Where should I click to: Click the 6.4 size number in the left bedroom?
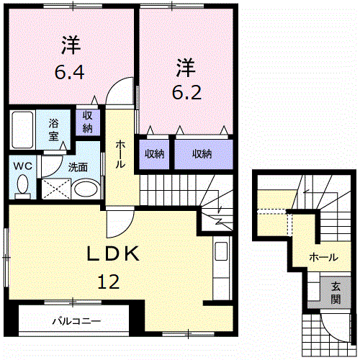coord(70,73)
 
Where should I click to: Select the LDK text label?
coord(115,255)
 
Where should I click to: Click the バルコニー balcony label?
coord(76,321)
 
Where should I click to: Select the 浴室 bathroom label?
coord(55,128)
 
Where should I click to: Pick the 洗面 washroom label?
coord(78,167)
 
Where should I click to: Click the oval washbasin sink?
coord(86,190)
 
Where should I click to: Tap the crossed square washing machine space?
coord(54,189)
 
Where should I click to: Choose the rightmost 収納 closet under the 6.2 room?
coord(202,153)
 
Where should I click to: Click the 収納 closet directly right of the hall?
coord(153,153)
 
